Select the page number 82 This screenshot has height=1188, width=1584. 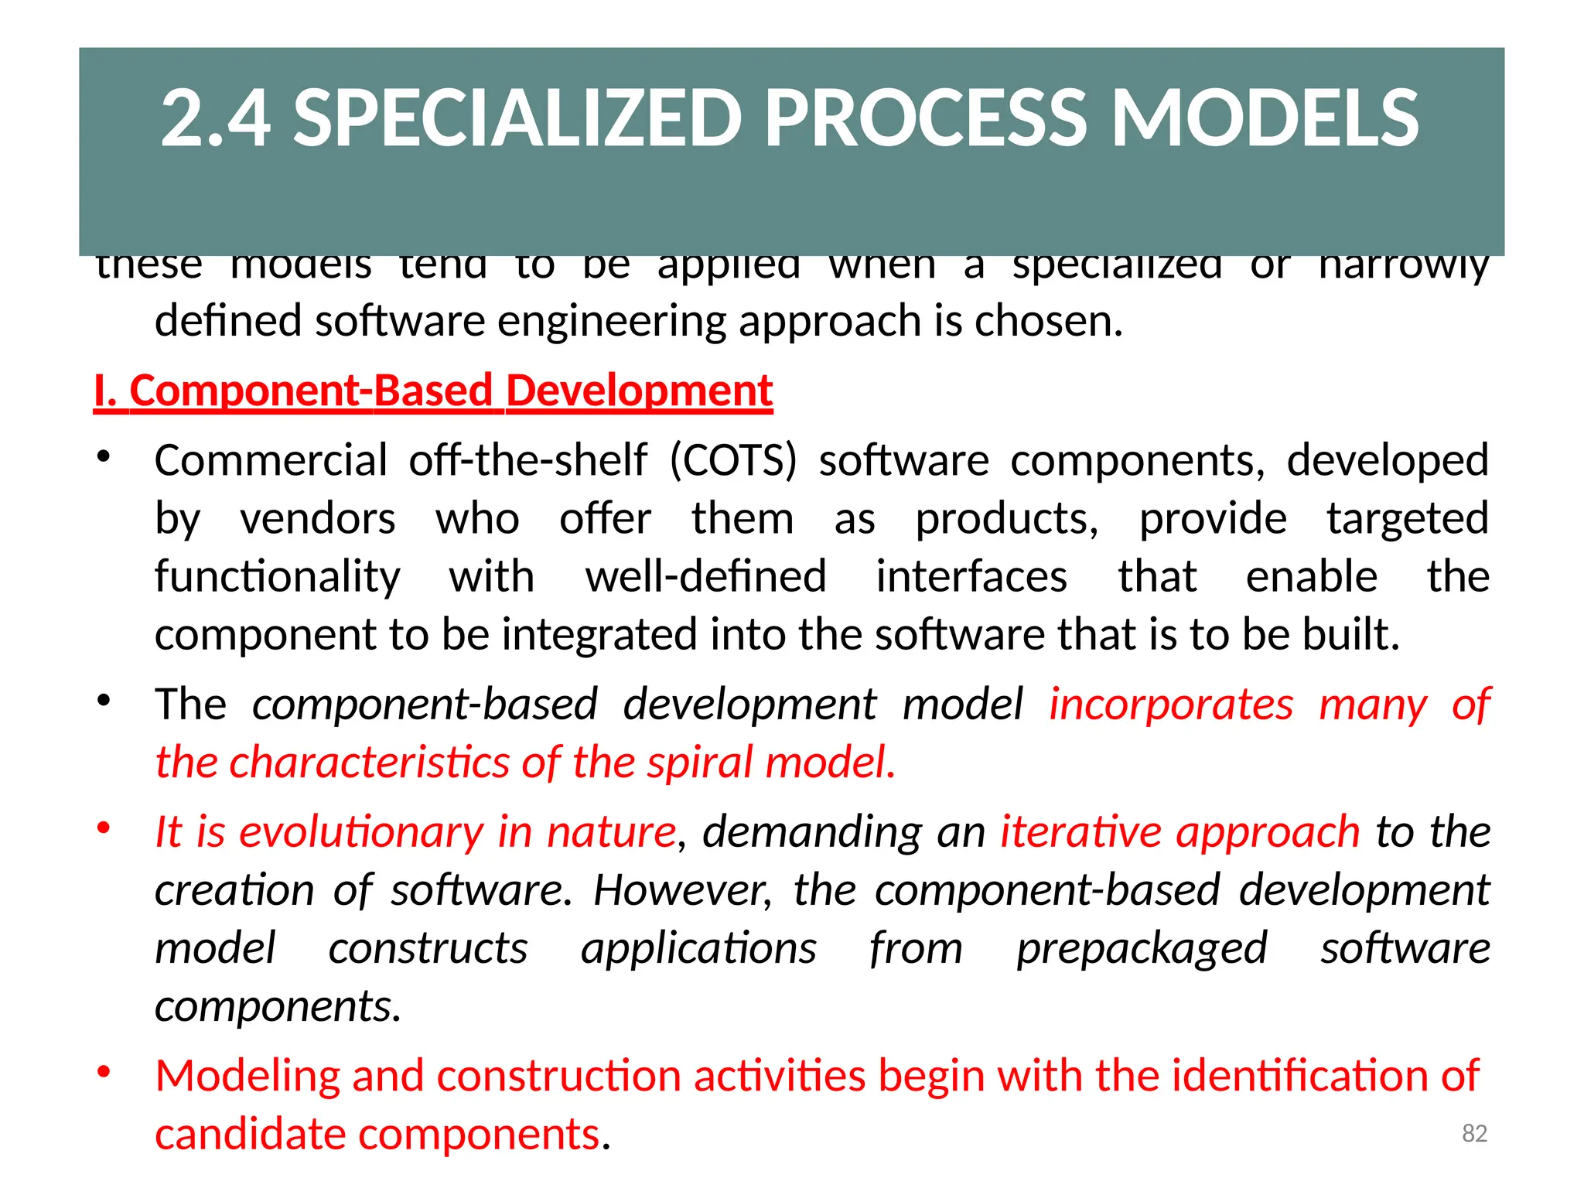1474,1133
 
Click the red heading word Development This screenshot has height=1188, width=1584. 639,391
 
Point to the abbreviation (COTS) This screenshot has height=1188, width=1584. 732,461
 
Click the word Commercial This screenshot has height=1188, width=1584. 271,461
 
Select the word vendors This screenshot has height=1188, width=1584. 318,519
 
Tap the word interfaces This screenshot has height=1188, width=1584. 971,577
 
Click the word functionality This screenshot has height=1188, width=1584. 278,577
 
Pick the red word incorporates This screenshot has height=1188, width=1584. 1170,705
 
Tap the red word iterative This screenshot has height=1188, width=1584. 1080,832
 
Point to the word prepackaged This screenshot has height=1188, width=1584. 1142,949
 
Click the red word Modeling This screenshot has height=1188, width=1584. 247,1076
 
